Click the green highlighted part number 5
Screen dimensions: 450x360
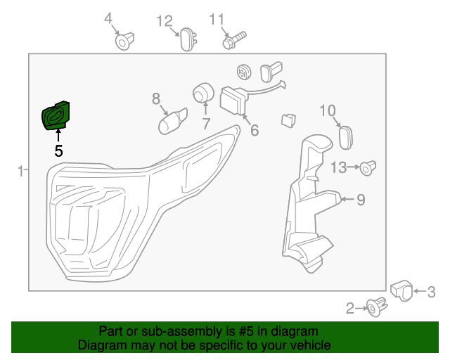pos(57,115)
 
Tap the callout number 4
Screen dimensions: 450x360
pos(108,18)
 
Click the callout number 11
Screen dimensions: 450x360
pos(216,18)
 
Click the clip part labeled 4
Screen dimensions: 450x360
pos(125,41)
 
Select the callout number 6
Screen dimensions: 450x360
pos(254,130)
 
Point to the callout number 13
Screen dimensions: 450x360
pos(339,167)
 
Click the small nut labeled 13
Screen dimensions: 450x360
pos(368,168)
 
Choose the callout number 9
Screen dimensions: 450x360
pos(361,200)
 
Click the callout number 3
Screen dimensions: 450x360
pos(432,292)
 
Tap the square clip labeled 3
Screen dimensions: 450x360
pos(401,290)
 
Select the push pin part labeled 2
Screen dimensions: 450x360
pos(375,306)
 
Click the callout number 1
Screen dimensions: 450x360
pos(21,170)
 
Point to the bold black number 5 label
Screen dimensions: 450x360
pos(58,150)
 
